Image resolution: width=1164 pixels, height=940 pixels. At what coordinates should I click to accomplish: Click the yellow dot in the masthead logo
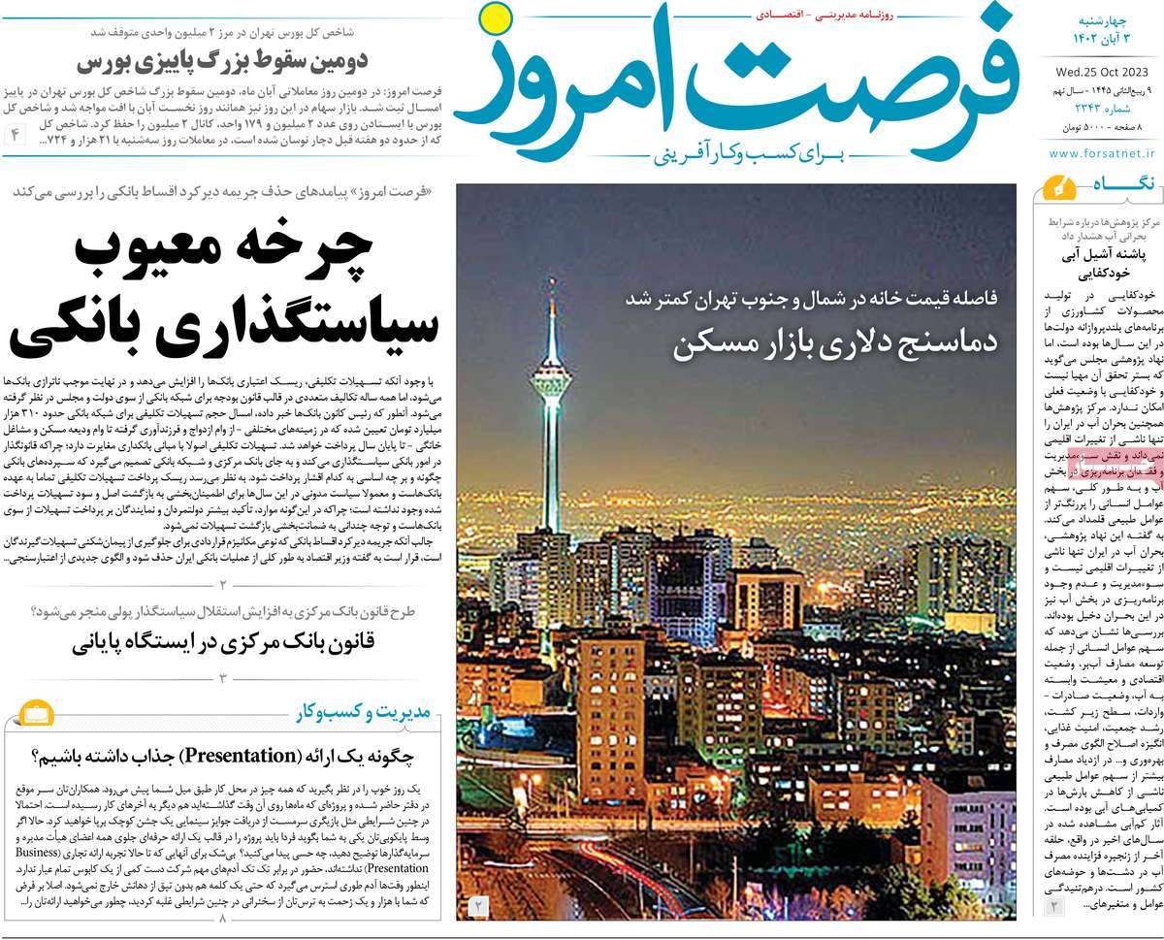tap(496, 20)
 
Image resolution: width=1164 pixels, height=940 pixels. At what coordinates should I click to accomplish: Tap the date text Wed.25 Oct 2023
tap(1100, 69)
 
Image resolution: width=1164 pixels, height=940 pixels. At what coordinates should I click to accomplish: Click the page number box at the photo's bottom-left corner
tap(478, 906)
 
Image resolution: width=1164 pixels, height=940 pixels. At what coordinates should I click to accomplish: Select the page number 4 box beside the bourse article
tap(16, 134)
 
